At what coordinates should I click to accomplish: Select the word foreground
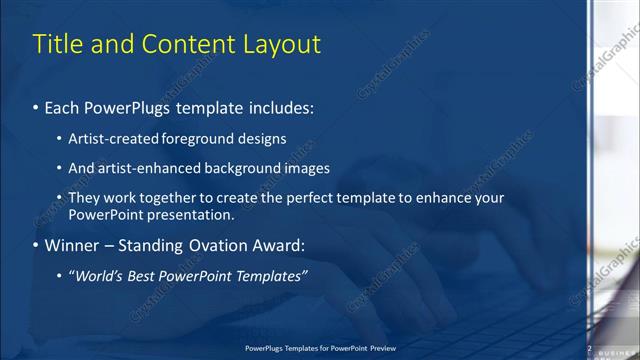click(x=200, y=138)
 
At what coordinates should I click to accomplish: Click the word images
click(x=306, y=168)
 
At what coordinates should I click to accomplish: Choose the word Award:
click(x=279, y=245)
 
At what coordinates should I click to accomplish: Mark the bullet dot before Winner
click(x=36, y=246)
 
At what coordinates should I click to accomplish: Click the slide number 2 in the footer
click(x=589, y=349)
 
